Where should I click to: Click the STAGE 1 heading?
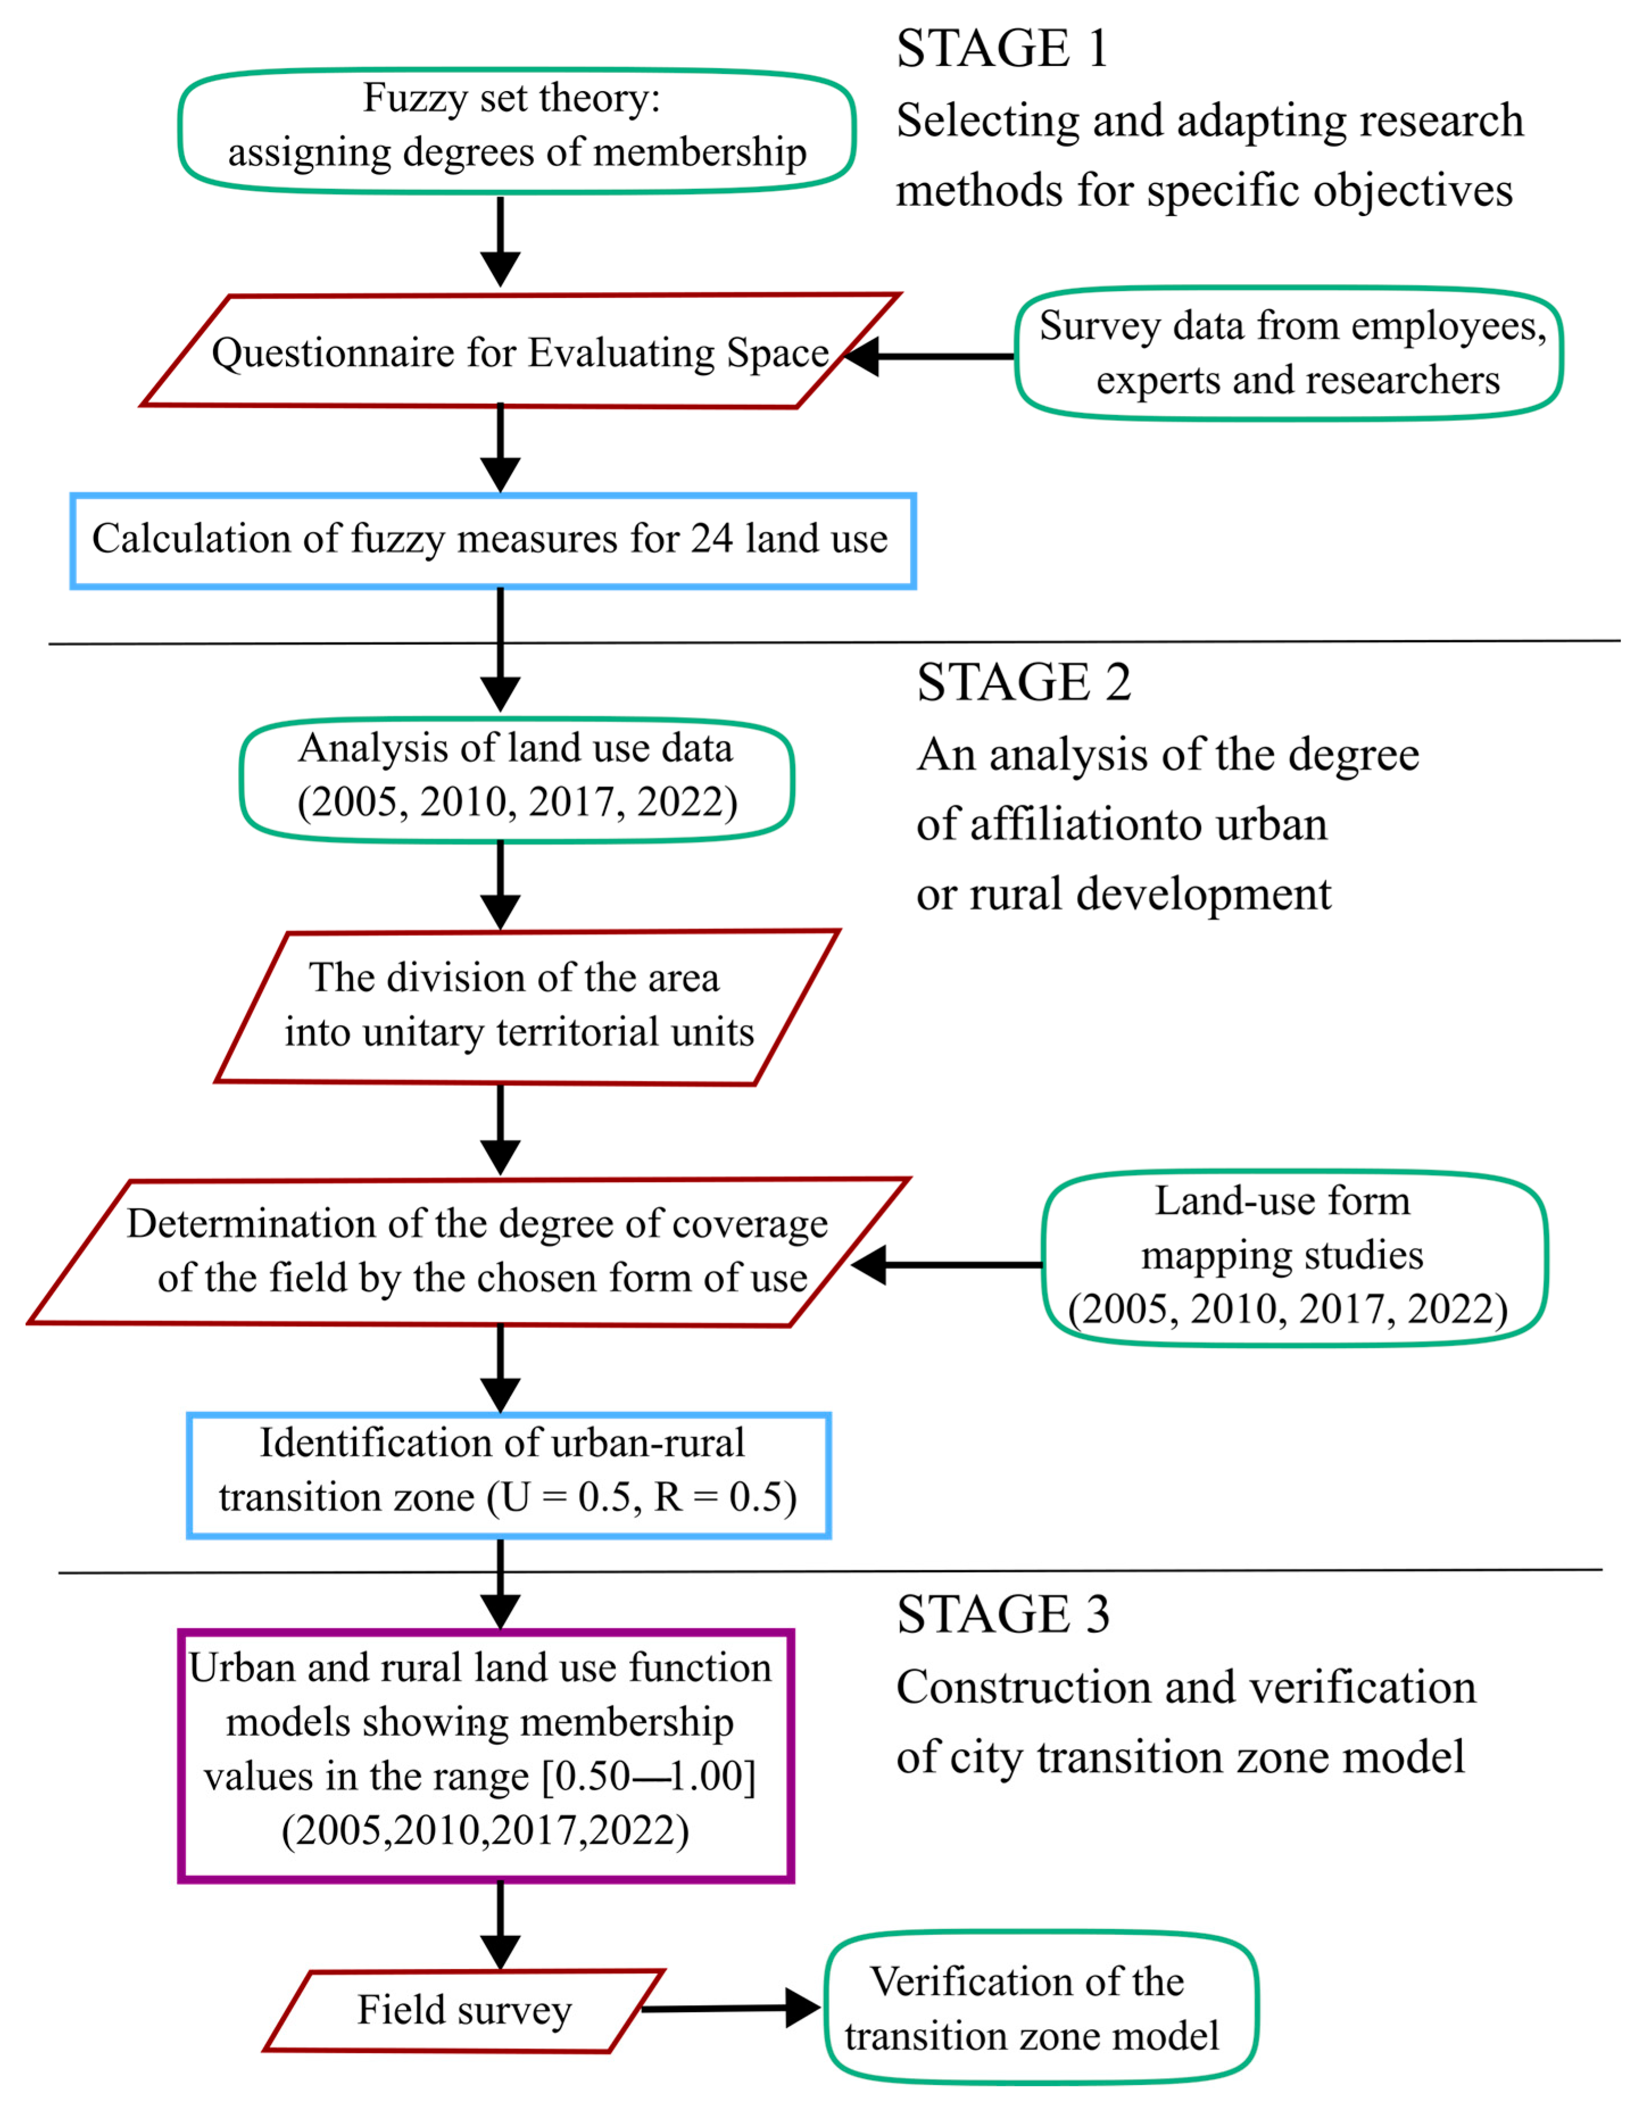pyautogui.click(x=1001, y=48)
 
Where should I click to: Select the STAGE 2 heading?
pyautogui.click(x=1024, y=683)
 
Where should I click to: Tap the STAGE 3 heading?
pyautogui.click(x=1002, y=1614)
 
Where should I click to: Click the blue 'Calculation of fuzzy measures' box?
pyautogui.click(x=493, y=540)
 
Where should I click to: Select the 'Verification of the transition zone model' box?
pyautogui.click(x=1041, y=2009)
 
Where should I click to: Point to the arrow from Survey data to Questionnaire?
pyautogui.click(x=929, y=356)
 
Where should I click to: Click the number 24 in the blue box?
pyautogui.click(x=712, y=540)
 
